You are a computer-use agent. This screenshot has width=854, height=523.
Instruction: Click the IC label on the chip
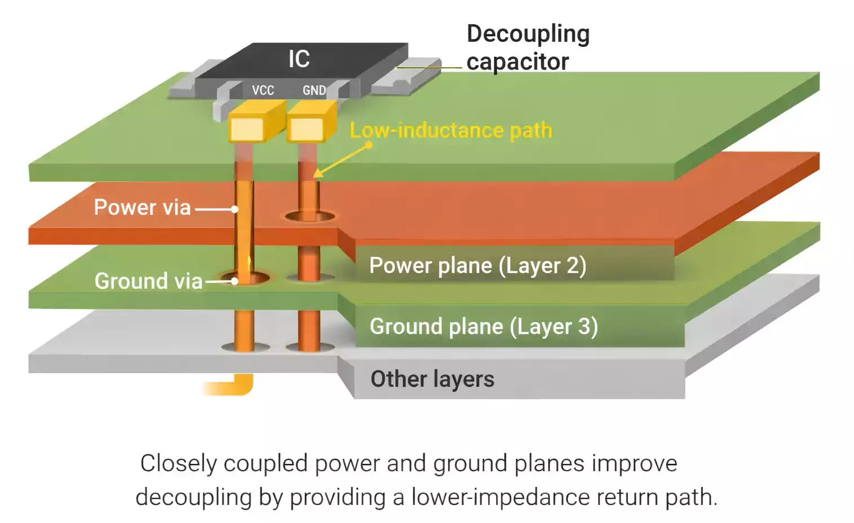(299, 59)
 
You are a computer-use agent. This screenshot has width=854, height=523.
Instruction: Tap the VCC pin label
(263, 90)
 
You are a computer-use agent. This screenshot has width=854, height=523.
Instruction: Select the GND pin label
(314, 90)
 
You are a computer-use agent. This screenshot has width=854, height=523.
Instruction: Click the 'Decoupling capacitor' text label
(528, 47)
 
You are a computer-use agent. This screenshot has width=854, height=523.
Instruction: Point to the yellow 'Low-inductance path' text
(450, 130)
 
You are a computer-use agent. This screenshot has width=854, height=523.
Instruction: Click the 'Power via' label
(142, 207)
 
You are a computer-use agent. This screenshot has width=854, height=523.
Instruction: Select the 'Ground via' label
(148, 281)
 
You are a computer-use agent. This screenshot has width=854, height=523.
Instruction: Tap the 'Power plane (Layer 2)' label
(477, 265)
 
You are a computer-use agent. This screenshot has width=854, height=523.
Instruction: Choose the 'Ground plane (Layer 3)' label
(484, 326)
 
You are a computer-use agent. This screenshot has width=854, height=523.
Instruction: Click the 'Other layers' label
(432, 379)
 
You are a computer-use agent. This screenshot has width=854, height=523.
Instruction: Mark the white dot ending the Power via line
(234, 209)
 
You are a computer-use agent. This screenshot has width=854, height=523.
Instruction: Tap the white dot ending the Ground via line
(234, 281)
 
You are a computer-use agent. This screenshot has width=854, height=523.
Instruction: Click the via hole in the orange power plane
(309, 216)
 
